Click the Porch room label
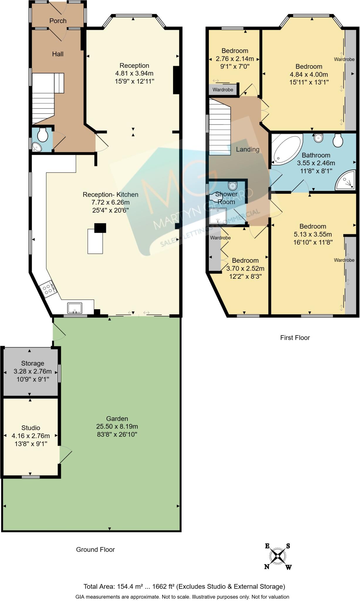[x=58, y=21]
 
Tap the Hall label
[x=58, y=54]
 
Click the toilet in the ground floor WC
[x=43, y=135]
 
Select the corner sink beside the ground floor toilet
[x=37, y=147]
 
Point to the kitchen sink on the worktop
[x=75, y=308]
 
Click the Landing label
[x=248, y=149]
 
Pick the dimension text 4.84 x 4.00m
[x=309, y=75]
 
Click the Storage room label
[x=33, y=363]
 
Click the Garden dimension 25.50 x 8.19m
[x=117, y=426]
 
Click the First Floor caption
[x=295, y=338]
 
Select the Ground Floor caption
[x=95, y=549]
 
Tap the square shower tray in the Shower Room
[x=218, y=217]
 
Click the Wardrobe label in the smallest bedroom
[x=223, y=90]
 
